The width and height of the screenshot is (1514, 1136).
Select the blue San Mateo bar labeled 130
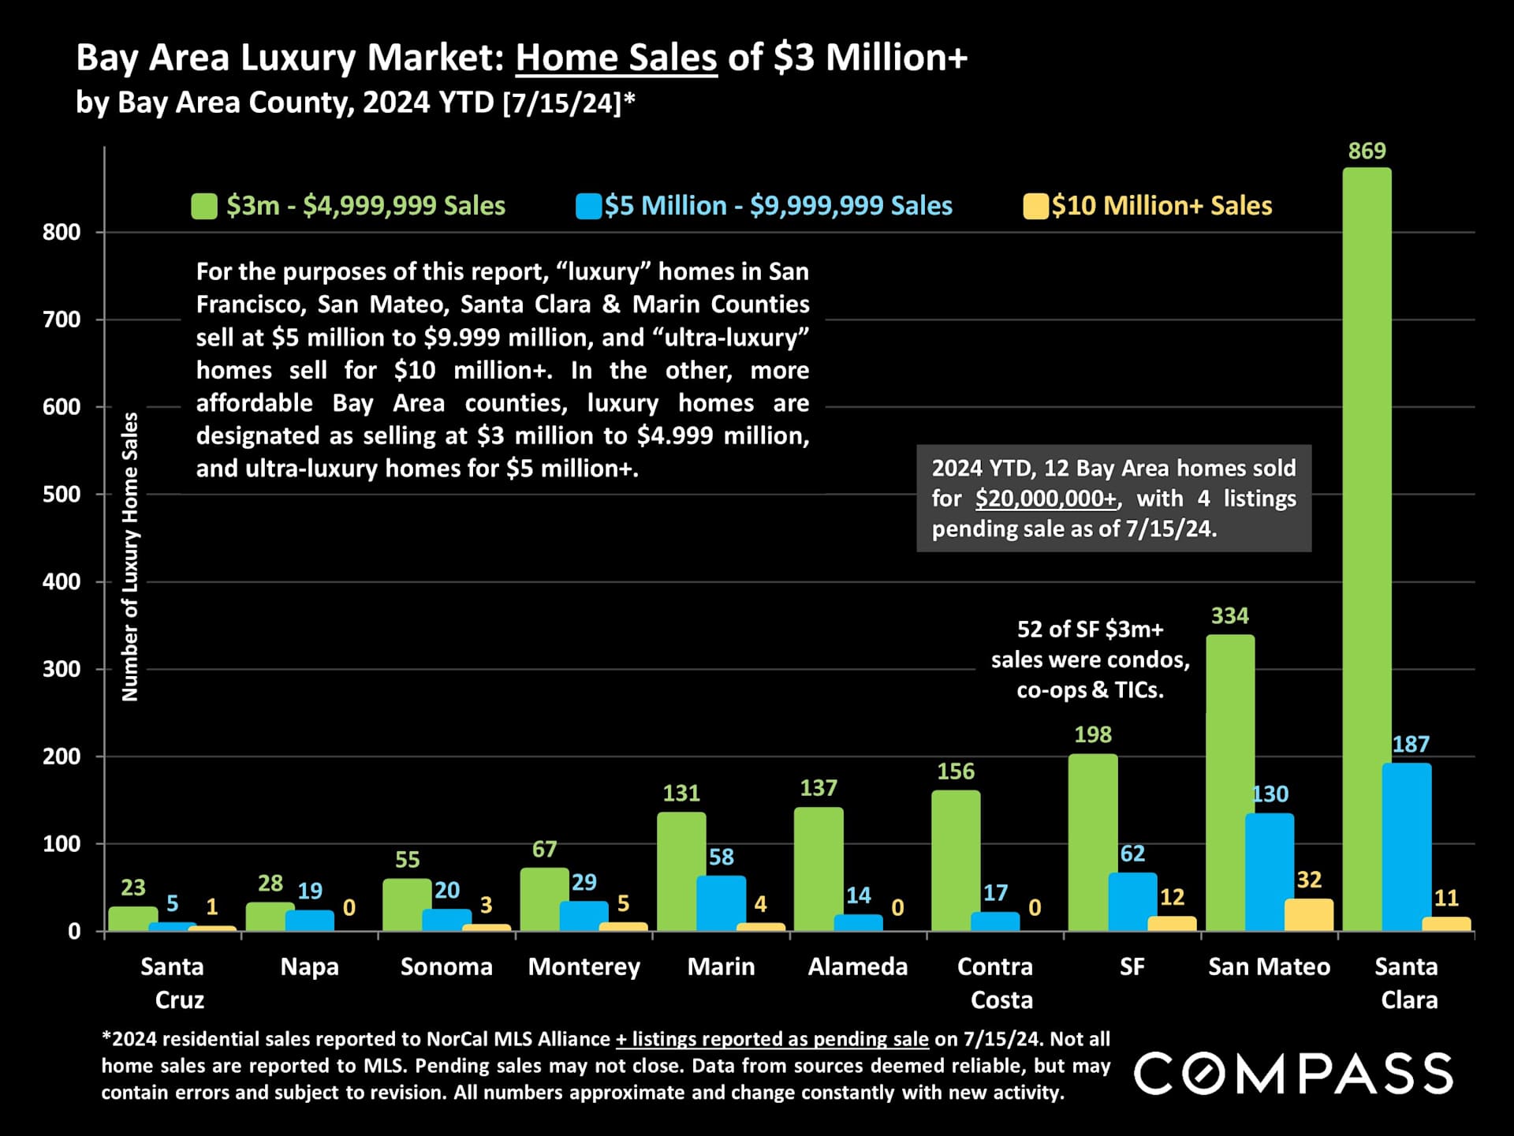click(1269, 872)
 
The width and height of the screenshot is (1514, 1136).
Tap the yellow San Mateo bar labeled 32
click(1309, 914)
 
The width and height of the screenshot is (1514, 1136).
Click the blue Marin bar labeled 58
click(721, 902)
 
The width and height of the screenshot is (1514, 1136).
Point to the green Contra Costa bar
click(956, 860)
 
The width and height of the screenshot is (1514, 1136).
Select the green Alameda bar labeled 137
click(819, 868)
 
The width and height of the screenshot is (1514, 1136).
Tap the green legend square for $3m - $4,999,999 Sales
click(204, 207)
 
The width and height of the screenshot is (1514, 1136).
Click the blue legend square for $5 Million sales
click(588, 207)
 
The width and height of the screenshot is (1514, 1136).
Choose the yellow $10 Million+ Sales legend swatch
click(1035, 207)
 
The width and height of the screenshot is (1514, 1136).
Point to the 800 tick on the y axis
click(62, 233)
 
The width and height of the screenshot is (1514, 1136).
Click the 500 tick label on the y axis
click(62, 495)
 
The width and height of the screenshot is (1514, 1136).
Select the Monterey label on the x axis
click(584, 967)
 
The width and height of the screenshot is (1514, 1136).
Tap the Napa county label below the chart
click(309, 967)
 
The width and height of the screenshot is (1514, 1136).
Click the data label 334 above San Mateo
click(1229, 616)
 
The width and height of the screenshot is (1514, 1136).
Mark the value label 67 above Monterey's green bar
click(544, 850)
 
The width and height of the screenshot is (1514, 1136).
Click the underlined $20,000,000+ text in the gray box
click(1046, 499)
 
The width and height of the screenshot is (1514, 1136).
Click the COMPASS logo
click(1293, 1074)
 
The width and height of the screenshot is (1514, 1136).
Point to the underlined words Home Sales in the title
click(616, 58)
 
